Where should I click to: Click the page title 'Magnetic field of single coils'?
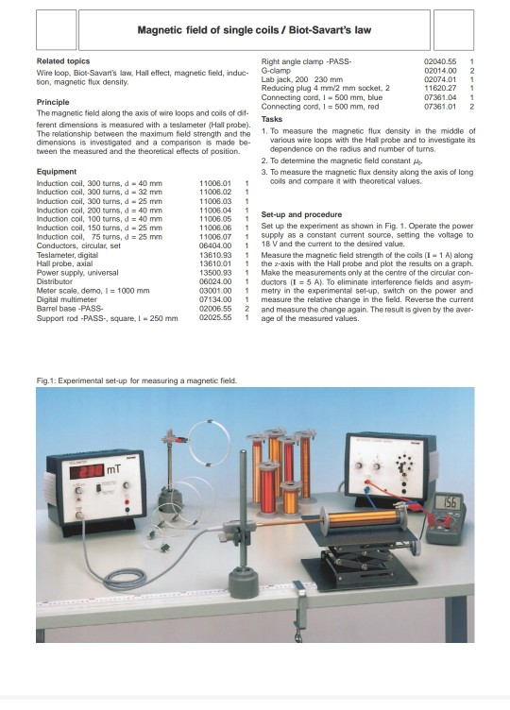click(254, 30)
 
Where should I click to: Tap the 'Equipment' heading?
click(57, 170)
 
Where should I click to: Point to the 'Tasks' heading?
click(272, 119)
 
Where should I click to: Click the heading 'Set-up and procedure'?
click(300, 215)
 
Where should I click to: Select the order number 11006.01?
click(215, 182)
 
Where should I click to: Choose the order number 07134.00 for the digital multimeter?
click(215, 299)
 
